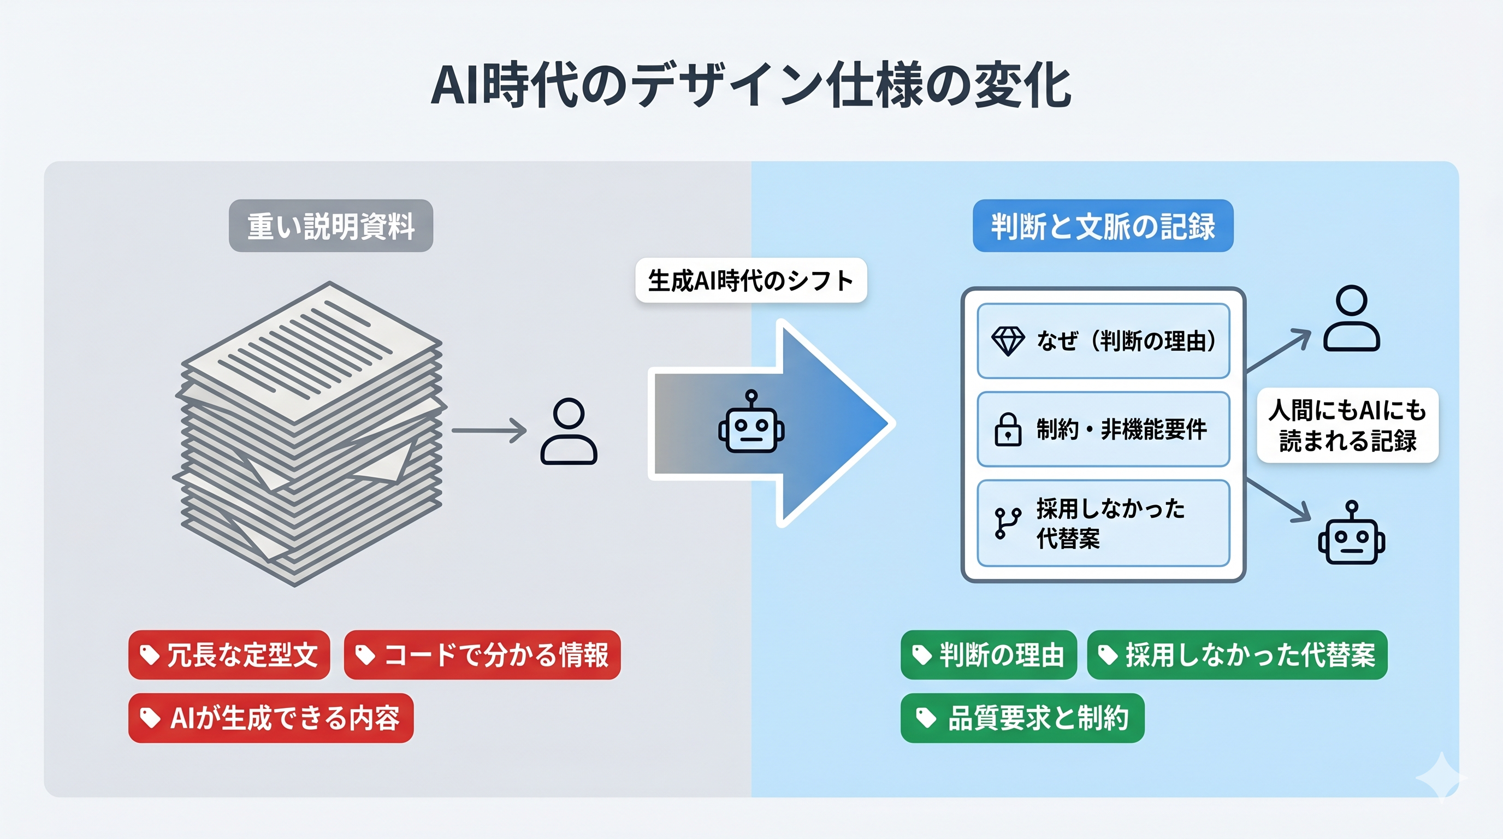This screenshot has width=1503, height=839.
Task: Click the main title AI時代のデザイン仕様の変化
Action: tap(751, 86)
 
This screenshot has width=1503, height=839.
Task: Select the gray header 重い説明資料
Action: tap(331, 226)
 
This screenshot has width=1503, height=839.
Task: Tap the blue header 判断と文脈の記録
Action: tap(1103, 226)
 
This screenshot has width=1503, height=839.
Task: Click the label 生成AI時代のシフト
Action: tap(751, 281)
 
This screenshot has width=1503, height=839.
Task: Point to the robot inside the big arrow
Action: tap(752, 423)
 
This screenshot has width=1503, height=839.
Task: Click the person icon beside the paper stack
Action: tap(569, 431)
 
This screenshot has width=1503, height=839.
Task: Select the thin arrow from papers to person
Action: tap(489, 430)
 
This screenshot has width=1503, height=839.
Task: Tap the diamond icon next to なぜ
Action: tap(1008, 341)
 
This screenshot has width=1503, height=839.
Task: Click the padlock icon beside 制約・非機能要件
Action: tap(1008, 429)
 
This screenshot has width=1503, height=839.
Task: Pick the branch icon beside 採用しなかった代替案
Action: tap(1008, 522)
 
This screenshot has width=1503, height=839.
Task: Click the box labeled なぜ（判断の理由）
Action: tap(1103, 341)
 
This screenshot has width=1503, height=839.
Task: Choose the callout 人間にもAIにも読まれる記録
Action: tap(1347, 426)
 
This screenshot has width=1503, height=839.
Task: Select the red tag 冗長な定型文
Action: tap(229, 654)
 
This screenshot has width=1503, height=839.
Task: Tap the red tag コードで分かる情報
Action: tap(482, 654)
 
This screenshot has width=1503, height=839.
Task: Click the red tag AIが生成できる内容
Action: tap(271, 718)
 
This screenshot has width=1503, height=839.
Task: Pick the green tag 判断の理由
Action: tap(989, 654)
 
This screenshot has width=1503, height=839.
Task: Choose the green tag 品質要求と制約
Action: tap(1022, 718)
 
